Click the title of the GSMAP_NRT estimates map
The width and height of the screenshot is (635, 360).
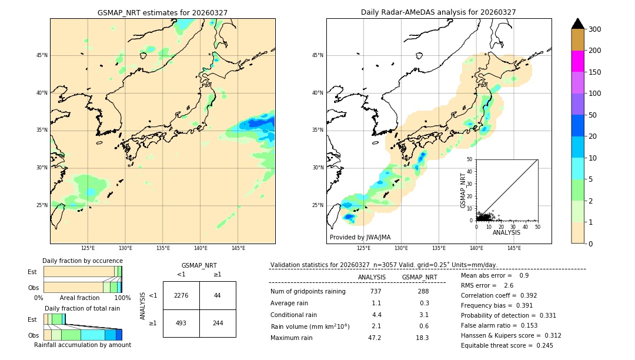(x=162, y=12)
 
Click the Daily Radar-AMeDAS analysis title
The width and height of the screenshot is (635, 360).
(x=438, y=12)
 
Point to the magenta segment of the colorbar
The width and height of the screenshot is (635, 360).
(x=577, y=61)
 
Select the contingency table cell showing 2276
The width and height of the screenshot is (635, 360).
(x=181, y=295)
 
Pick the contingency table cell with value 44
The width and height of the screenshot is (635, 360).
(x=218, y=295)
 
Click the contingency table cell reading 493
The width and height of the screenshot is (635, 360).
(x=181, y=323)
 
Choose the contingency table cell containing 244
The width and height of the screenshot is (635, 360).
(x=218, y=323)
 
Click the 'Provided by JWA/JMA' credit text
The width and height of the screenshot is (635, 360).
(x=360, y=238)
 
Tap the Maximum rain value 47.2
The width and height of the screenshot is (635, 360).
(x=375, y=338)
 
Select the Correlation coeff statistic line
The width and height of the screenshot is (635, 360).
(x=499, y=295)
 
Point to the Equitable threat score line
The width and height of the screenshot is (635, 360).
(x=499, y=345)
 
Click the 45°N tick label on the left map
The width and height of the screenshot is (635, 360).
(x=42, y=55)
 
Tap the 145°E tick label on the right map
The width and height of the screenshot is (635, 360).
(x=514, y=248)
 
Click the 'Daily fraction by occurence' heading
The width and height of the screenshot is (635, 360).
(x=82, y=261)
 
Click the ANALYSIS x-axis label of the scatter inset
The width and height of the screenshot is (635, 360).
(x=506, y=232)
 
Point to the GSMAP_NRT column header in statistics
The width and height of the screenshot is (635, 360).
(x=419, y=277)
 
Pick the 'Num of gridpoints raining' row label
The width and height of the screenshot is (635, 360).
(x=308, y=291)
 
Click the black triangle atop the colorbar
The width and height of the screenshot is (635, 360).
(x=577, y=24)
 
